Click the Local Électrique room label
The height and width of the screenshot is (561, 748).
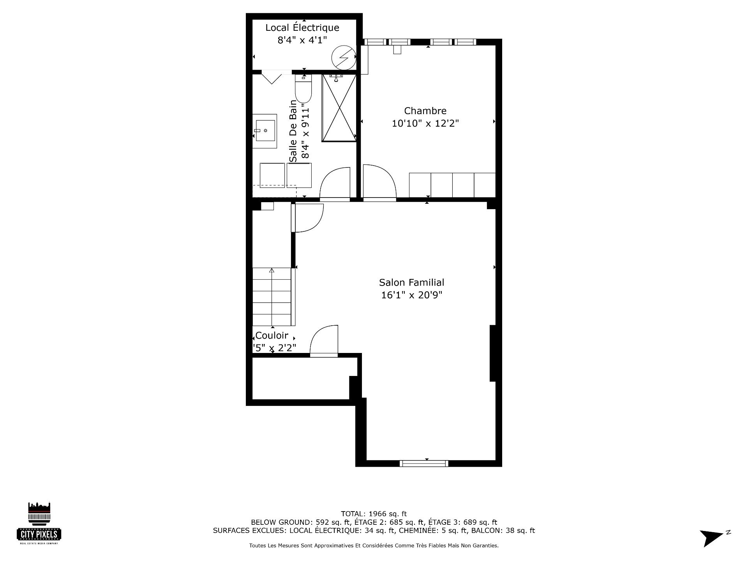pyautogui.click(x=302, y=28)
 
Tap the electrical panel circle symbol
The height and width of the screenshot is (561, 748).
pyautogui.click(x=344, y=58)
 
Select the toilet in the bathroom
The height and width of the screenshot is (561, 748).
pyautogui.click(x=303, y=89)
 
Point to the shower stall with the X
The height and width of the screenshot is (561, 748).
pyautogui.click(x=339, y=108)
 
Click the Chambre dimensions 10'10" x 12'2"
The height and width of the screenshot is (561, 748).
pyautogui.click(x=425, y=123)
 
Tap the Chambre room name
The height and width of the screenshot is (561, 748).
pyautogui.click(x=425, y=111)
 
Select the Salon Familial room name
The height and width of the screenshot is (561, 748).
pyautogui.click(x=412, y=282)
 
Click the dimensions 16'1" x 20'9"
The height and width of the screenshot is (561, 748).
pyautogui.click(x=412, y=295)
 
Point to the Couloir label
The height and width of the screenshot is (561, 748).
pyautogui.click(x=272, y=335)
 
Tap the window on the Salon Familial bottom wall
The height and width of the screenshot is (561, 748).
pyautogui.click(x=424, y=463)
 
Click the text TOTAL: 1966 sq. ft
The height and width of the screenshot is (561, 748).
pyautogui.click(x=374, y=514)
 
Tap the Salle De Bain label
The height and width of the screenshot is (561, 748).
pyautogui.click(x=293, y=131)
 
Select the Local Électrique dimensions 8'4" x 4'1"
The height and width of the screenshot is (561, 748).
pyautogui.click(x=302, y=40)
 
